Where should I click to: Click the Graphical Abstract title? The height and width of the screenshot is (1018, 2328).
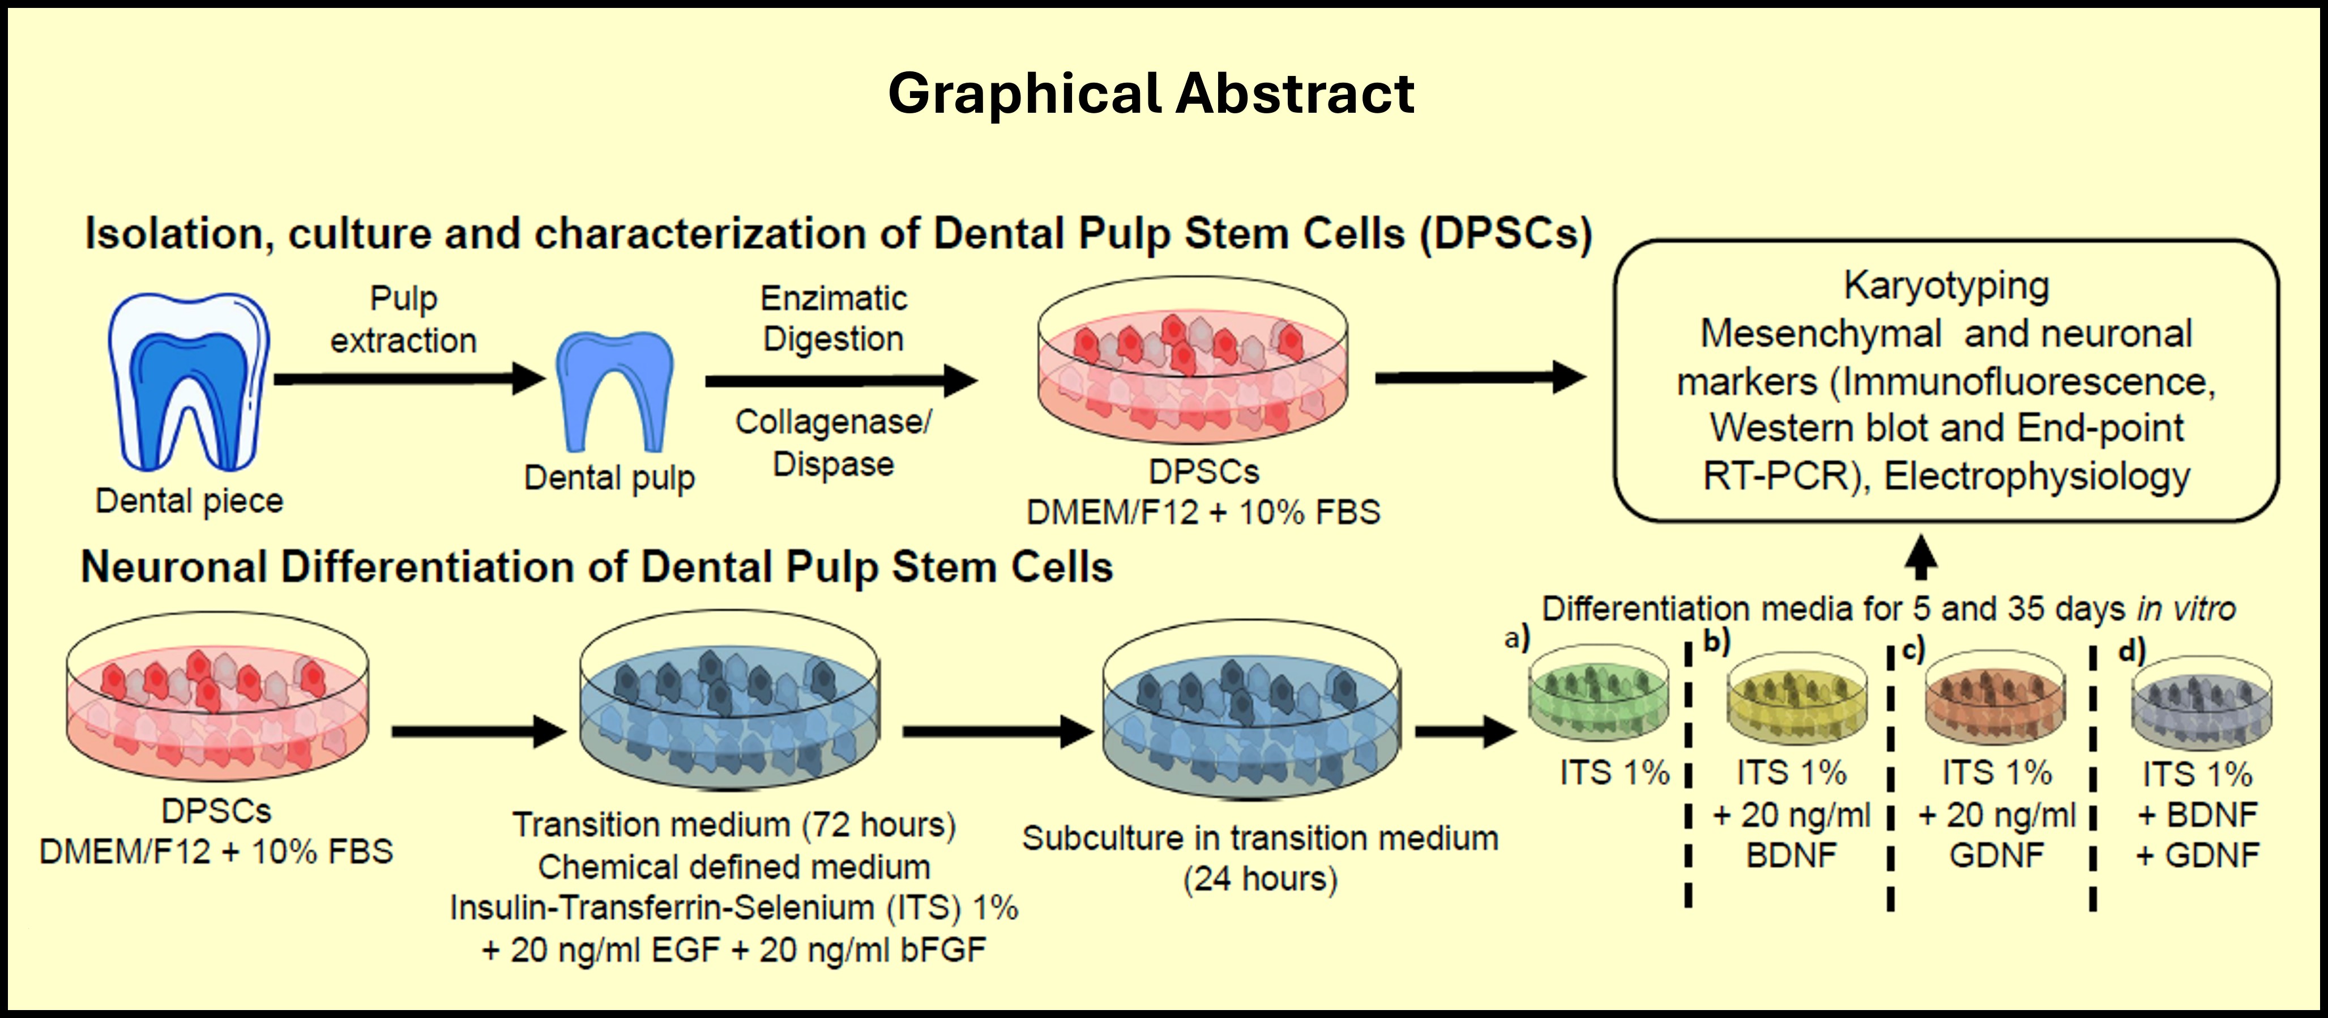(x=1151, y=93)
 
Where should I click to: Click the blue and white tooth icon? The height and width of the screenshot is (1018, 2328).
(x=189, y=380)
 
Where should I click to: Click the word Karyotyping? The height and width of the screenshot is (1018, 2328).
(x=1946, y=286)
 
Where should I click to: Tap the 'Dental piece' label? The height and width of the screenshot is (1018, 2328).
(x=190, y=501)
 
